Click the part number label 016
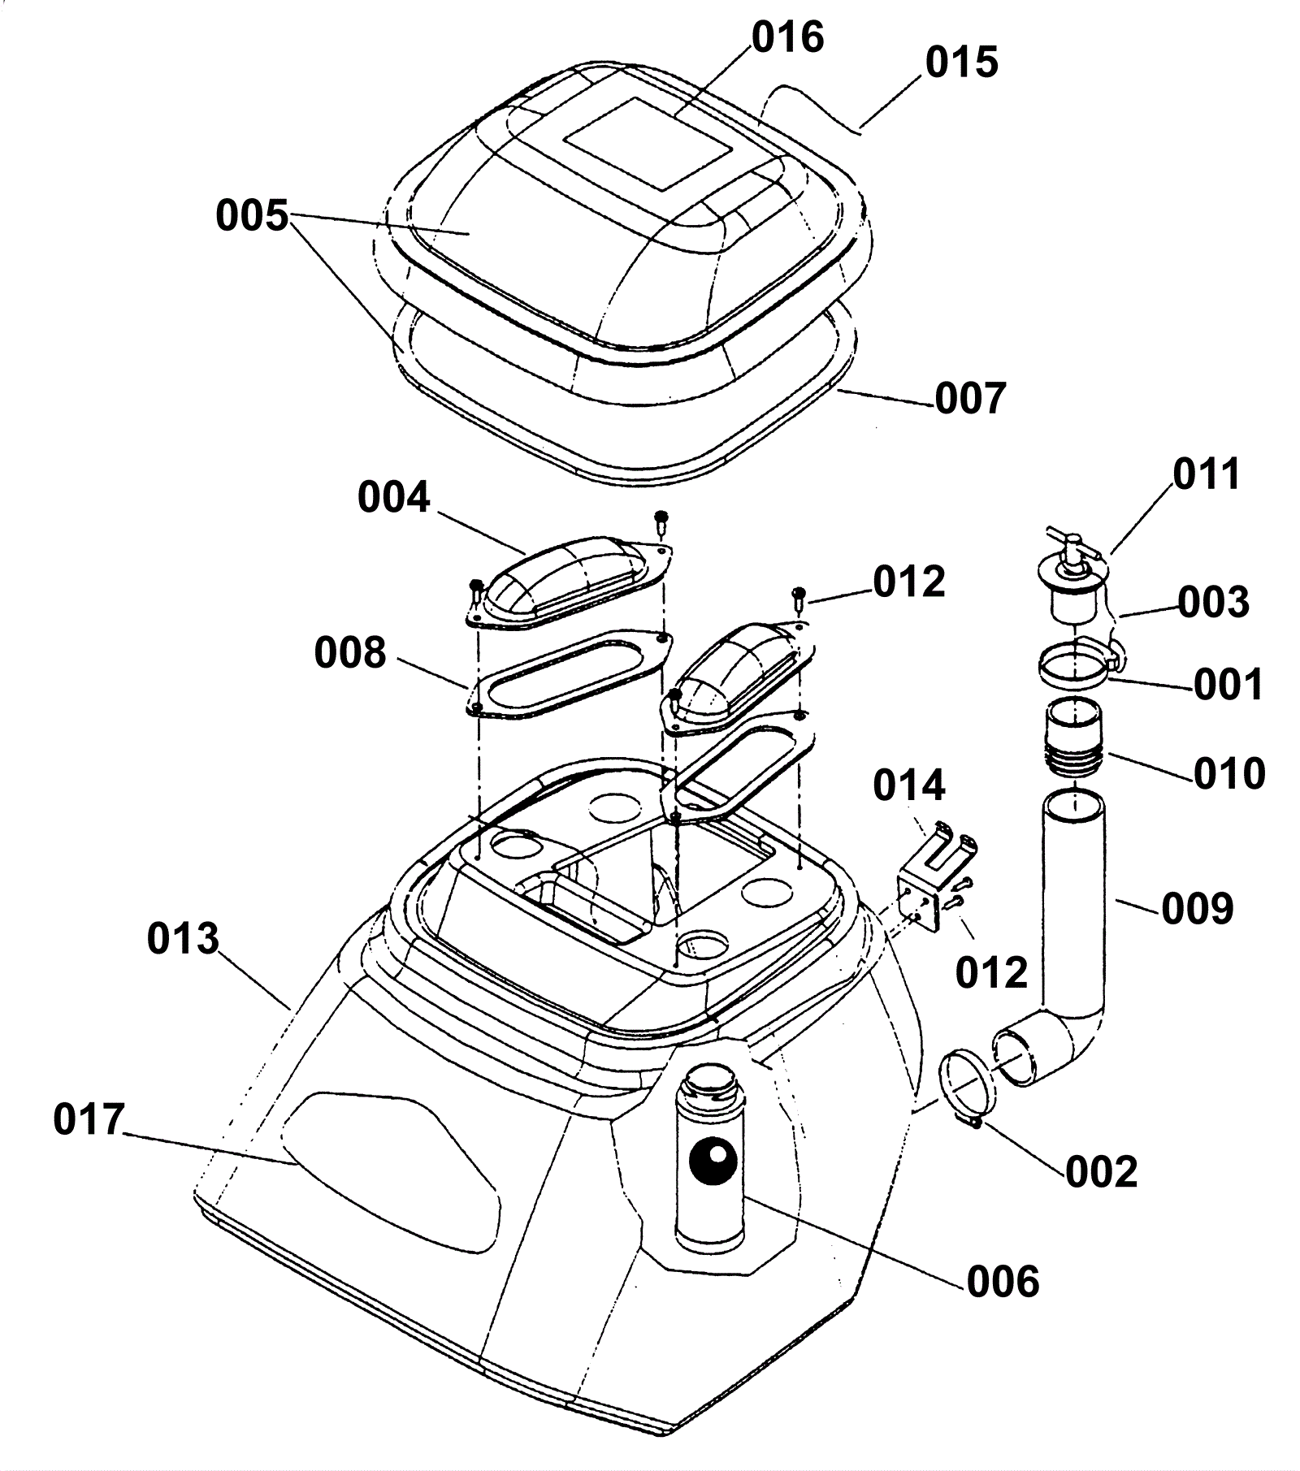pos(787,38)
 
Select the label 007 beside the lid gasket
pos(970,399)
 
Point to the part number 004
pos(393,497)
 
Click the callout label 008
pos(350,652)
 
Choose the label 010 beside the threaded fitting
pos(1229,772)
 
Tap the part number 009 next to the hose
pos(1198,908)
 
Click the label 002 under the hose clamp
pos(1102,1171)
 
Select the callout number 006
pos(1003,1282)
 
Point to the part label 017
pos(89,1120)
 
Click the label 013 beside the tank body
pos(183,939)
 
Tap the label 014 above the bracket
pos(909,785)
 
